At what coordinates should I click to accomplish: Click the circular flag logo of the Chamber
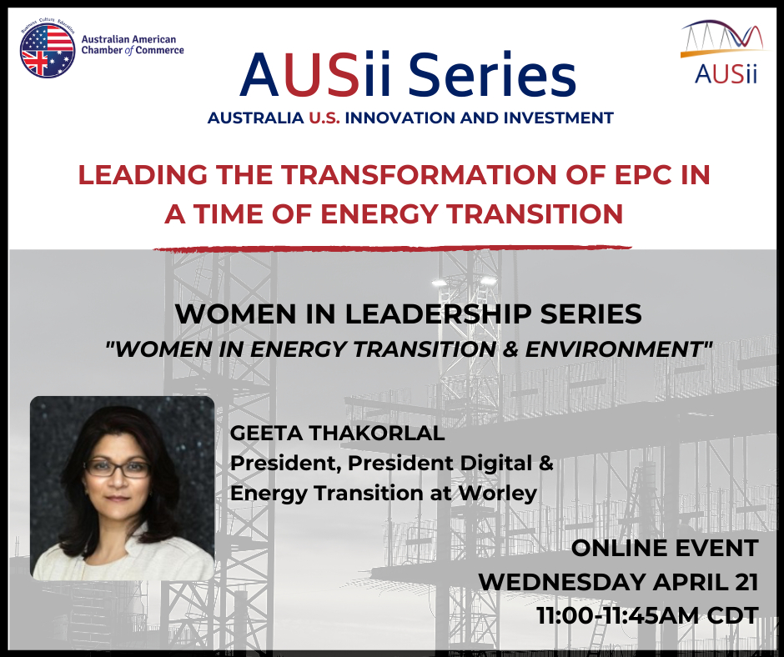(x=48, y=50)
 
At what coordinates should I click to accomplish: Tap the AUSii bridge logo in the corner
(x=726, y=52)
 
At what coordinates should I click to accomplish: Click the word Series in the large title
(x=492, y=76)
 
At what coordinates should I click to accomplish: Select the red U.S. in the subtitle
(x=324, y=118)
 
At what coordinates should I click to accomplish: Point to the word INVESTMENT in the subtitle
(x=559, y=118)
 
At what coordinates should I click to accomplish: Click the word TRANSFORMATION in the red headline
(x=418, y=174)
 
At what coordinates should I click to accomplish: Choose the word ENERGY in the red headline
(x=379, y=214)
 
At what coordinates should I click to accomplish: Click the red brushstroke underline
(x=393, y=248)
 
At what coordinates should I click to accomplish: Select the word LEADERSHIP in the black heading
(x=438, y=314)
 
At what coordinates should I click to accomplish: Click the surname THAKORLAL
(x=377, y=433)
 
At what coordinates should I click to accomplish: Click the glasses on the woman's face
(x=118, y=468)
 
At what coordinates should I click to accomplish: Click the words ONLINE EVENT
(x=665, y=549)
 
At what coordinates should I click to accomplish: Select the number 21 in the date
(x=747, y=583)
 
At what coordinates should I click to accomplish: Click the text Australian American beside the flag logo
(x=129, y=39)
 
